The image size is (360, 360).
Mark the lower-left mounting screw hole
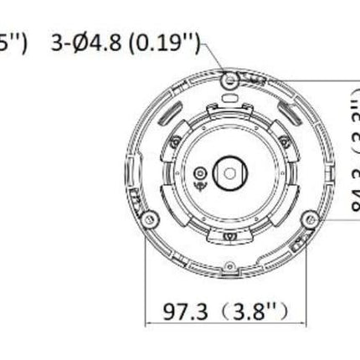click(149, 219)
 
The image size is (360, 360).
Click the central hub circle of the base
click(229, 172)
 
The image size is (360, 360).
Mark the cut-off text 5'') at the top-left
click(14, 42)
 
